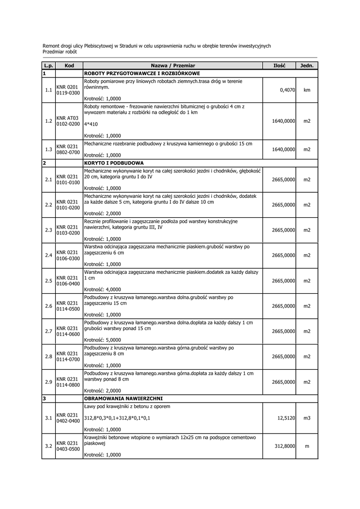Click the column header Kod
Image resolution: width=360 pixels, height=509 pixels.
pyautogui.click(x=69, y=66)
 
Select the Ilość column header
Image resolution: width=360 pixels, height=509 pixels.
pyautogui.click(x=279, y=66)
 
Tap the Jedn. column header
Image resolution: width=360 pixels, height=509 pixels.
pyautogui.click(x=307, y=66)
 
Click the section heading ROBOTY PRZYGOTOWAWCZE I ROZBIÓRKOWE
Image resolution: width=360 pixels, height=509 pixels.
pyautogui.click(x=142, y=73)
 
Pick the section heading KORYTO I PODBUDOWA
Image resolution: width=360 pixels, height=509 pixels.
pyautogui.click(x=114, y=163)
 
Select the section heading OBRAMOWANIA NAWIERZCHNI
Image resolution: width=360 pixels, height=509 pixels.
pyautogui.click(x=123, y=398)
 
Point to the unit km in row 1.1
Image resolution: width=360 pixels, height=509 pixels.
pyautogui.click(x=307, y=90)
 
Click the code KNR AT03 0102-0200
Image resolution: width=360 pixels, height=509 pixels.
pyautogui.click(x=68, y=121)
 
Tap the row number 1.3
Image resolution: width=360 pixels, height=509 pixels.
pyautogui.click(x=48, y=149)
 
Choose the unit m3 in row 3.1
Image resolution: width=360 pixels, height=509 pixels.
pyautogui.click(x=307, y=418)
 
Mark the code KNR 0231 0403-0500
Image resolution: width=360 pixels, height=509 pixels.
pyautogui.click(x=68, y=446)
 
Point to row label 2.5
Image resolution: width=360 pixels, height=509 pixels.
pyautogui.click(x=48, y=281)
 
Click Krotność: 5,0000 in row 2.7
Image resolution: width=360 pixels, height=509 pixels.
pyautogui.click(x=102, y=340)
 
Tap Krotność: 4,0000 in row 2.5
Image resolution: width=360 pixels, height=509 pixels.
pyautogui.click(x=102, y=289)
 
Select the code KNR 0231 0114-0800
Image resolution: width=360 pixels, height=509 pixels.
pyautogui.click(x=68, y=381)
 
